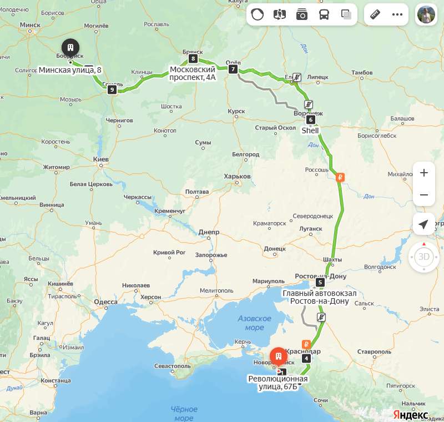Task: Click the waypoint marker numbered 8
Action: click(193, 58)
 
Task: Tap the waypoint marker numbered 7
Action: click(233, 69)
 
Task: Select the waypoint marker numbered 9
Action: click(112, 89)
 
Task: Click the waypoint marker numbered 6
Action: click(310, 119)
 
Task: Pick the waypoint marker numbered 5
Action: click(320, 282)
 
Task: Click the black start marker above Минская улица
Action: click(70, 48)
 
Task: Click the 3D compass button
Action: click(424, 257)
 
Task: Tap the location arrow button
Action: click(424, 224)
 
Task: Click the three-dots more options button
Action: click(397, 14)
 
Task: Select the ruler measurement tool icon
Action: click(375, 14)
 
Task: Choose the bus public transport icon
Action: click(324, 14)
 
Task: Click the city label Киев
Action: click(100, 159)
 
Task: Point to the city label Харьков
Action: click(237, 177)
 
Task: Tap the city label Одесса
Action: click(105, 302)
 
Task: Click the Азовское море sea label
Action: click(254, 323)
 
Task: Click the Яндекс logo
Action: click(411, 414)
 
